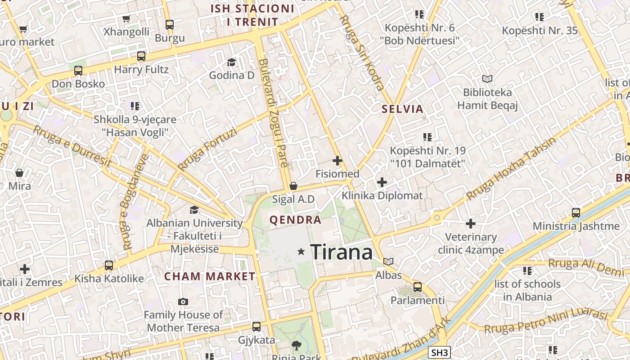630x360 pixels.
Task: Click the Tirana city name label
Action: (x=342, y=252)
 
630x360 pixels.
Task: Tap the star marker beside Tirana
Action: (x=301, y=252)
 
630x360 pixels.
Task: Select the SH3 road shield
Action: (x=439, y=353)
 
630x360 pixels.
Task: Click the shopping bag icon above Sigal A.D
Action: (x=293, y=186)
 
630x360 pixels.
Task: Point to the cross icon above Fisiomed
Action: (x=337, y=160)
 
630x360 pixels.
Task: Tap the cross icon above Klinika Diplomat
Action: (x=382, y=182)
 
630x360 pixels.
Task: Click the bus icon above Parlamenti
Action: (x=418, y=287)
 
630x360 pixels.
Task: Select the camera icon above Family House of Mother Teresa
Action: (x=183, y=301)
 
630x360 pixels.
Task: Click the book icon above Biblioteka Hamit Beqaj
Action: (x=487, y=79)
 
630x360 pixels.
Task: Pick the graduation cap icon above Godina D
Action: (x=231, y=62)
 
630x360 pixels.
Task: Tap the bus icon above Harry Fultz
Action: (x=141, y=56)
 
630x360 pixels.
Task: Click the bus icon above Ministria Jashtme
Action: (x=576, y=213)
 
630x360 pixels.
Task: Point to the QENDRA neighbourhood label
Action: (x=295, y=220)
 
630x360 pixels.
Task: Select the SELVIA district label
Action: (x=403, y=109)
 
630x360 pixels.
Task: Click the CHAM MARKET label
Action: (x=210, y=276)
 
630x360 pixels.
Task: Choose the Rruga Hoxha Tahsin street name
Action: (x=511, y=169)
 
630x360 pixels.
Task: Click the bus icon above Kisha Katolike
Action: (x=109, y=265)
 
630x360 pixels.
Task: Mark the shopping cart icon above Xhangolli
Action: (x=126, y=19)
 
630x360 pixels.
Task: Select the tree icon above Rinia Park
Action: (x=296, y=346)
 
